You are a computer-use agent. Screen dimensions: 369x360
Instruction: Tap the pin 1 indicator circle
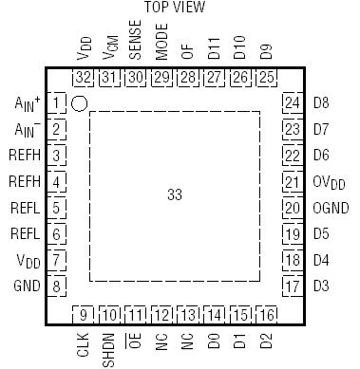coord(81,101)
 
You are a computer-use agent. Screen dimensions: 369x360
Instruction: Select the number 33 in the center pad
coord(174,194)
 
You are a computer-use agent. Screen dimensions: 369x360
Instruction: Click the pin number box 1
coord(58,102)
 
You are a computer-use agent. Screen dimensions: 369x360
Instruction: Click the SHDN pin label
coord(109,347)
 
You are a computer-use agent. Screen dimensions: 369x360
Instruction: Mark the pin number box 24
coord(292,102)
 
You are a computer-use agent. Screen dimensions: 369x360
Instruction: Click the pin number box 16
coord(268,314)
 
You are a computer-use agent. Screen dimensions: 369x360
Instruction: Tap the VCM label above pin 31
coord(109,50)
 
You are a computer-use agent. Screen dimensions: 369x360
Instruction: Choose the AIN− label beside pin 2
coord(25,129)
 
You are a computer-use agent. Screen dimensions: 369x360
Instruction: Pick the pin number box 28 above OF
coord(188,77)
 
